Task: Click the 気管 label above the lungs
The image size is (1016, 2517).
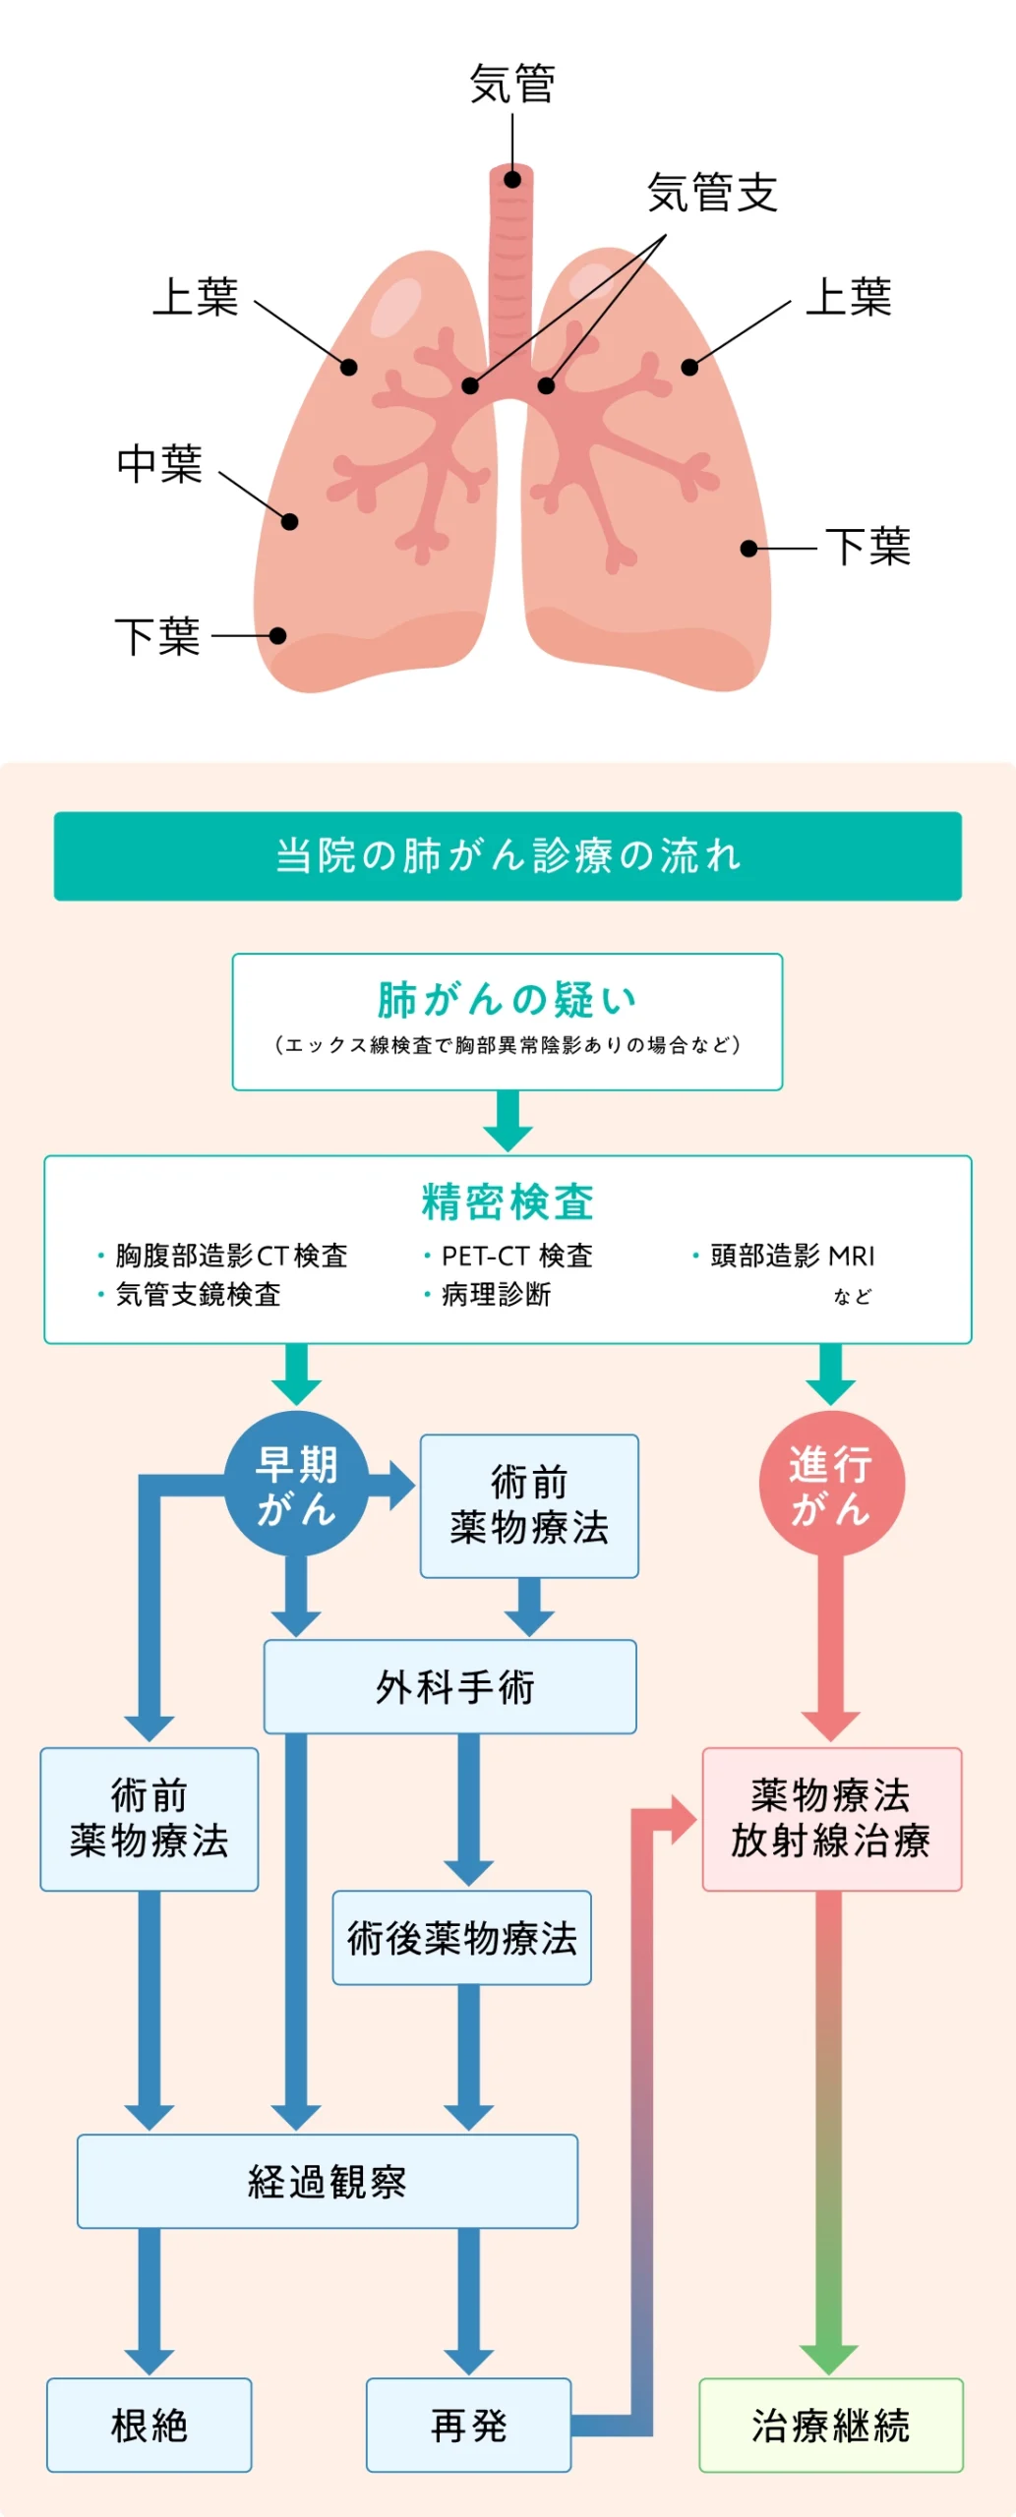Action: (511, 85)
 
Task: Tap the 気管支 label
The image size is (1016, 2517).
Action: (712, 193)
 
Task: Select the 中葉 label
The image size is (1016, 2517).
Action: (159, 464)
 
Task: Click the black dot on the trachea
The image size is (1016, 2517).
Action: (512, 180)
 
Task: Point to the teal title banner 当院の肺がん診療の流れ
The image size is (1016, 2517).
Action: (508, 855)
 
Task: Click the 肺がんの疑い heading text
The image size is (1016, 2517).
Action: (508, 1000)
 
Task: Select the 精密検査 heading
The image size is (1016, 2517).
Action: (508, 1201)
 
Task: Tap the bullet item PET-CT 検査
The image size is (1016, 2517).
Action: (515, 1256)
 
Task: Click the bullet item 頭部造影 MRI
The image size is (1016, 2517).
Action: (791, 1256)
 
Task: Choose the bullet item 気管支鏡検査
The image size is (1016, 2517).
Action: (197, 1294)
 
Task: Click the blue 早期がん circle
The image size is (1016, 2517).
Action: (296, 1484)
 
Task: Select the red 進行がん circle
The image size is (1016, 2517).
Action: (831, 1484)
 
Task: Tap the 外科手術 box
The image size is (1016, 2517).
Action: (450, 1686)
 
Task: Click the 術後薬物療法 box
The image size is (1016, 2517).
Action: (461, 1937)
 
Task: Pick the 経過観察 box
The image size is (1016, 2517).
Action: (328, 2181)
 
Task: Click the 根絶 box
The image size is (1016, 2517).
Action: (149, 2425)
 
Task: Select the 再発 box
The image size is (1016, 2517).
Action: (468, 2425)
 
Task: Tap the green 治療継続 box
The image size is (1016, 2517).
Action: (831, 2425)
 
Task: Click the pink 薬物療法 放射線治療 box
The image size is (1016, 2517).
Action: (831, 1819)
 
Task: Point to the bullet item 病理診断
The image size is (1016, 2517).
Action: (495, 1294)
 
